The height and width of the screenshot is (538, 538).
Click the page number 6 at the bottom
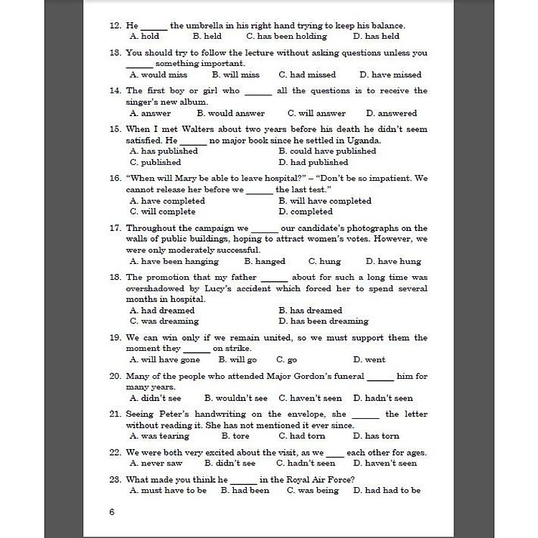point(111,512)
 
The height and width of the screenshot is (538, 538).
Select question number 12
point(115,26)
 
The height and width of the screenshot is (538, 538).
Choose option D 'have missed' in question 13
point(390,75)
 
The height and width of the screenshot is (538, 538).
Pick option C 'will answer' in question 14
point(316,113)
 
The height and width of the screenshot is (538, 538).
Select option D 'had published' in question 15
point(313,162)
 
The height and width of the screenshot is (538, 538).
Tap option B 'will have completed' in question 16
point(324,201)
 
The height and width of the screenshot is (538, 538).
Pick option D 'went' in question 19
point(369,360)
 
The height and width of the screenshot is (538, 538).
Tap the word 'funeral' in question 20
point(344,376)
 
